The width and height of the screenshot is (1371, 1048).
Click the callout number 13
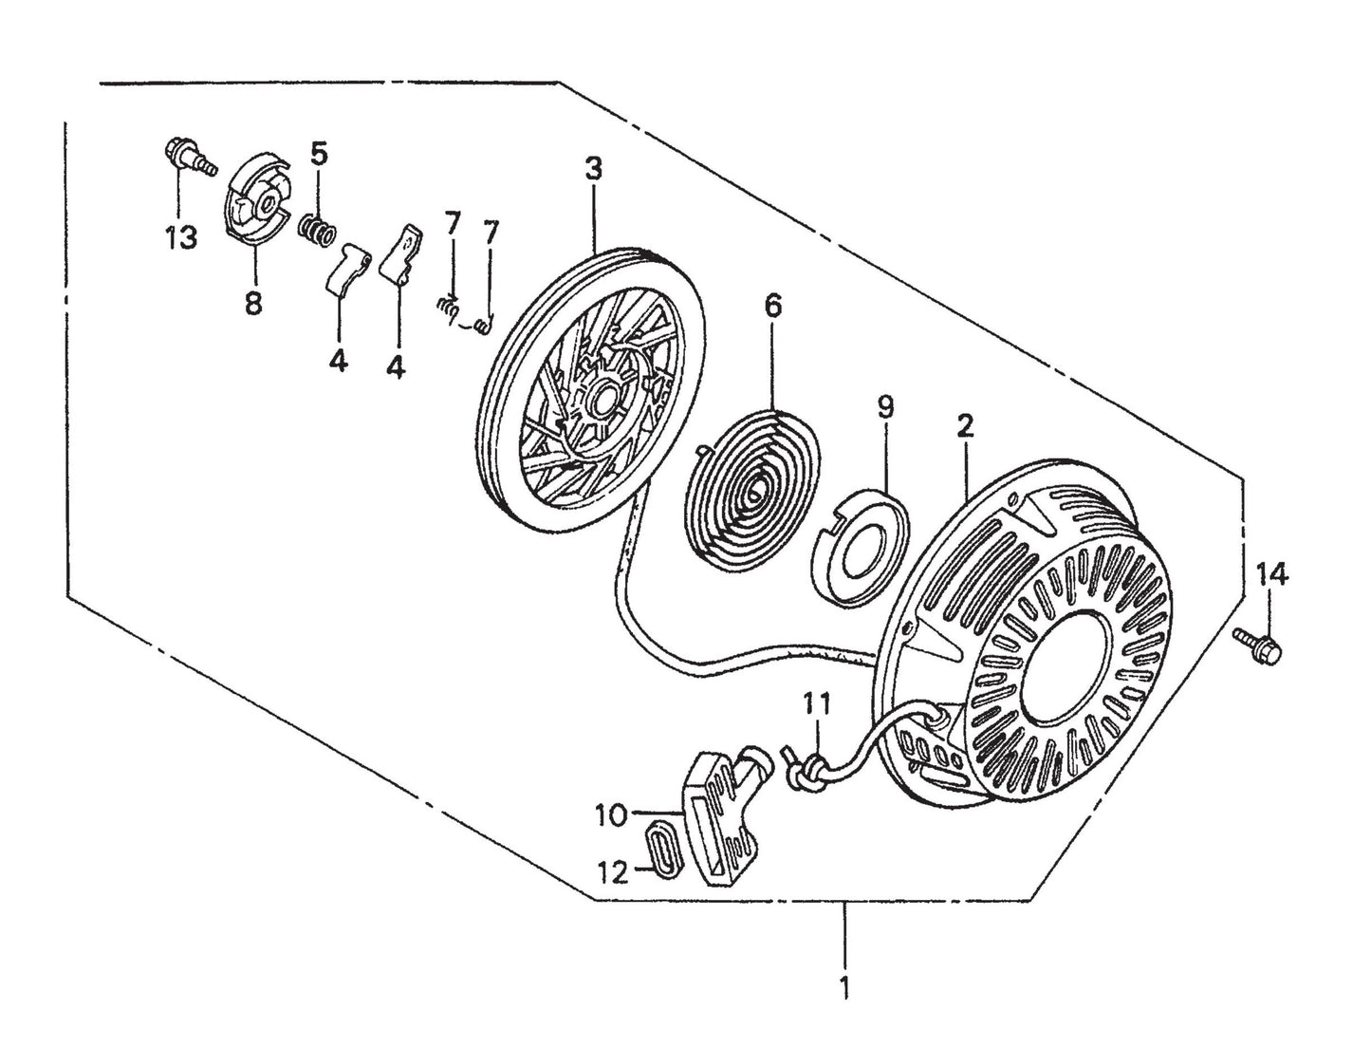180,237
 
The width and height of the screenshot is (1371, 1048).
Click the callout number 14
1272,575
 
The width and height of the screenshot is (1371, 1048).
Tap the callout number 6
772,307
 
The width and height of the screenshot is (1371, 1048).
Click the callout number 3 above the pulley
593,171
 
